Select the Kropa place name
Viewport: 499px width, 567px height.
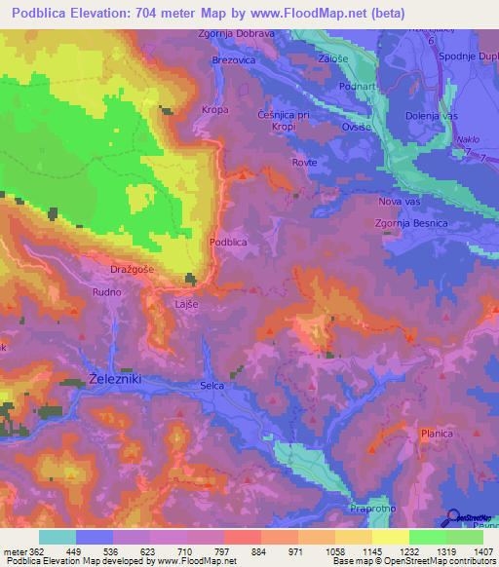(x=214, y=110)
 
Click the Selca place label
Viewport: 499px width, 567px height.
(x=211, y=386)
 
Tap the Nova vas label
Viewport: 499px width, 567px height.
(x=398, y=202)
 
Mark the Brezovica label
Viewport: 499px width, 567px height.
(x=234, y=59)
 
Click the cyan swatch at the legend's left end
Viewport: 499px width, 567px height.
(x=58, y=537)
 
